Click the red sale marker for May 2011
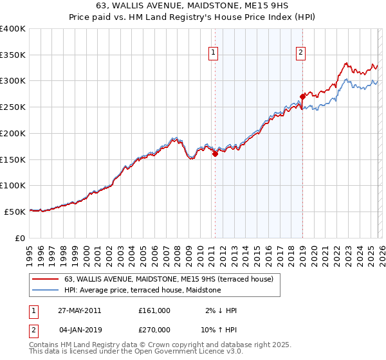(215, 154)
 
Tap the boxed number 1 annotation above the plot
(213, 53)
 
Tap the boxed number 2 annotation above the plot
(300, 53)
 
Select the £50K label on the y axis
(15, 212)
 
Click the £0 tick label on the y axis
(21, 238)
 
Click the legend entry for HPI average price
(142, 290)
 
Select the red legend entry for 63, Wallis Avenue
(169, 279)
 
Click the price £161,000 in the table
(154, 310)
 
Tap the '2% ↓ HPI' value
(221, 310)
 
